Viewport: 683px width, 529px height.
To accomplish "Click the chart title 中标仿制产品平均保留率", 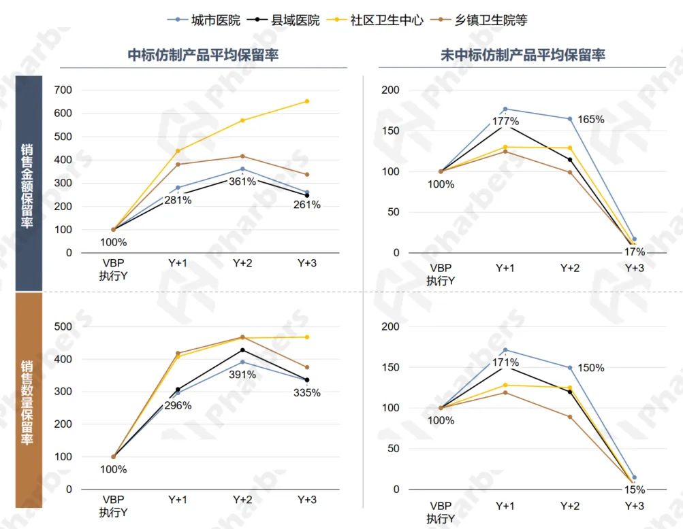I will point(203,55).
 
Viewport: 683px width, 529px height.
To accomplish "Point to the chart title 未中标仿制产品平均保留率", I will point(522,55).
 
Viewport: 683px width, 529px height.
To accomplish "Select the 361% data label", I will point(242,182).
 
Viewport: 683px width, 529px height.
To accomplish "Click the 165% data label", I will point(590,119).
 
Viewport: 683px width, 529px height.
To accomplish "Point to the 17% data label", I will point(635,252).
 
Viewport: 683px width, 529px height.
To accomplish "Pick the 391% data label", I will point(242,375).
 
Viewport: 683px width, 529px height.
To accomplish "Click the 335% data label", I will point(307,392).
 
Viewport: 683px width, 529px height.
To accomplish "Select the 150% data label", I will point(590,368).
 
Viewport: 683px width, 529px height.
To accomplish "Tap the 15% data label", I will point(635,490).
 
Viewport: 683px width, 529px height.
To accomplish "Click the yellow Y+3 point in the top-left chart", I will point(307,101).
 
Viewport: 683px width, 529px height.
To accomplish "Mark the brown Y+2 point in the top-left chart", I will point(242,156).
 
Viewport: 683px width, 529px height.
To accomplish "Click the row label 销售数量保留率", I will point(27,401).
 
